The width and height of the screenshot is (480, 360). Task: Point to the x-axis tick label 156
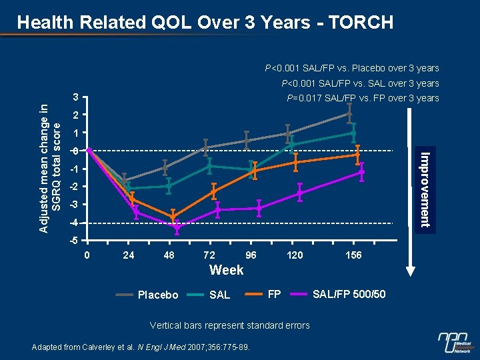pyautogui.click(x=354, y=255)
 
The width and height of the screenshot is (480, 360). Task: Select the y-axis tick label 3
pyautogui.click(x=76, y=98)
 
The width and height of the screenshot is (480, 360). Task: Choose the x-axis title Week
pyautogui.click(x=226, y=270)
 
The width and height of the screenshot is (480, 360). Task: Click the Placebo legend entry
pyautogui.click(x=157, y=295)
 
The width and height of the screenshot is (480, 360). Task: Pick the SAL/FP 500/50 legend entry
pyautogui.click(x=349, y=294)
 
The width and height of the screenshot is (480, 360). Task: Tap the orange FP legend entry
pyautogui.click(x=273, y=294)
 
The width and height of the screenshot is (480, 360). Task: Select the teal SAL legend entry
pyautogui.click(x=219, y=295)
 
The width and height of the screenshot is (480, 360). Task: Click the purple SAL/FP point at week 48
pyautogui.click(x=177, y=228)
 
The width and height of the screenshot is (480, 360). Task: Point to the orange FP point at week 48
pyautogui.click(x=173, y=217)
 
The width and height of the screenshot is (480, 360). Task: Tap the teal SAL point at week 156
pyautogui.click(x=353, y=133)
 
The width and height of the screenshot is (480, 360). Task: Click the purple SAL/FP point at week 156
pyautogui.click(x=361, y=172)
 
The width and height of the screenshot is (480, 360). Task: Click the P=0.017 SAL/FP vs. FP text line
pyautogui.click(x=363, y=98)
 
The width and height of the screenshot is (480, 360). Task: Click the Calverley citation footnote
pyautogui.click(x=141, y=347)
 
